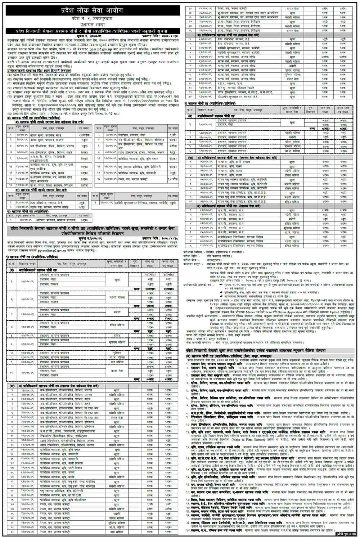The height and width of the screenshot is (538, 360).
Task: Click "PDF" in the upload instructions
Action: coord(351,319)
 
